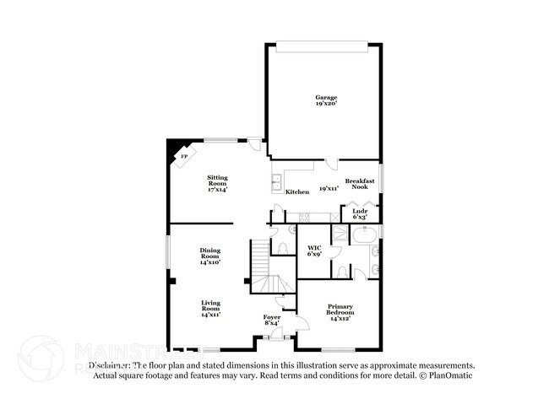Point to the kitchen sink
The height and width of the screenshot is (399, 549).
(276, 181)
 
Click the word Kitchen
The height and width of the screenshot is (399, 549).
(296, 192)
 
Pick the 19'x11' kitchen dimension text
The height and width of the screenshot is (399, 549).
(329, 188)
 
